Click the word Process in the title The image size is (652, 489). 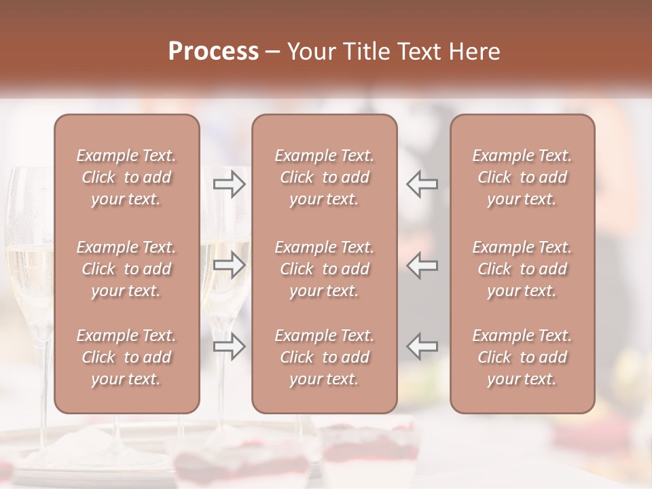tap(213, 52)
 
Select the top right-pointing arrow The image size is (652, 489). tap(230, 183)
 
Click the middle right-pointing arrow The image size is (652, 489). tap(230, 265)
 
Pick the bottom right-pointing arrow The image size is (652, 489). tap(230, 346)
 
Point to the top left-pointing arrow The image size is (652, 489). tap(422, 183)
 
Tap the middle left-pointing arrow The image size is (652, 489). tap(422, 265)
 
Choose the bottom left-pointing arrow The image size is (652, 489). tap(422, 346)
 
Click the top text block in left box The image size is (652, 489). tap(126, 177)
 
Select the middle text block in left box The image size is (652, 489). tap(126, 269)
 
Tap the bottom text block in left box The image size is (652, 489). tap(126, 357)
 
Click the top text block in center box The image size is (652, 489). tap(325, 177)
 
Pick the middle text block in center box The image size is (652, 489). tap(325, 269)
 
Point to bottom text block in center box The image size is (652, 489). tap(325, 357)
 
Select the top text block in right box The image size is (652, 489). tap(522, 177)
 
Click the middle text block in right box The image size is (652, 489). tap(522, 269)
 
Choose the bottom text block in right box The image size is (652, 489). tap(522, 357)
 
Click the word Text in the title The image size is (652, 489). tap(420, 52)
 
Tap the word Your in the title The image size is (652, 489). tap(311, 52)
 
